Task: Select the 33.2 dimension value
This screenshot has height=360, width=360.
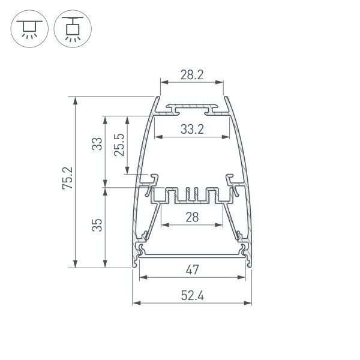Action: click(x=191, y=128)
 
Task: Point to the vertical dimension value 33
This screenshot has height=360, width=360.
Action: click(x=96, y=145)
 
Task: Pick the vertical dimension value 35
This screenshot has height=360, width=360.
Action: click(x=96, y=225)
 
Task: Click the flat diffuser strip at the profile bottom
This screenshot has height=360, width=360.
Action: click(x=191, y=256)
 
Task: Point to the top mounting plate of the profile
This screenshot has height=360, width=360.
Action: click(x=191, y=109)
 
